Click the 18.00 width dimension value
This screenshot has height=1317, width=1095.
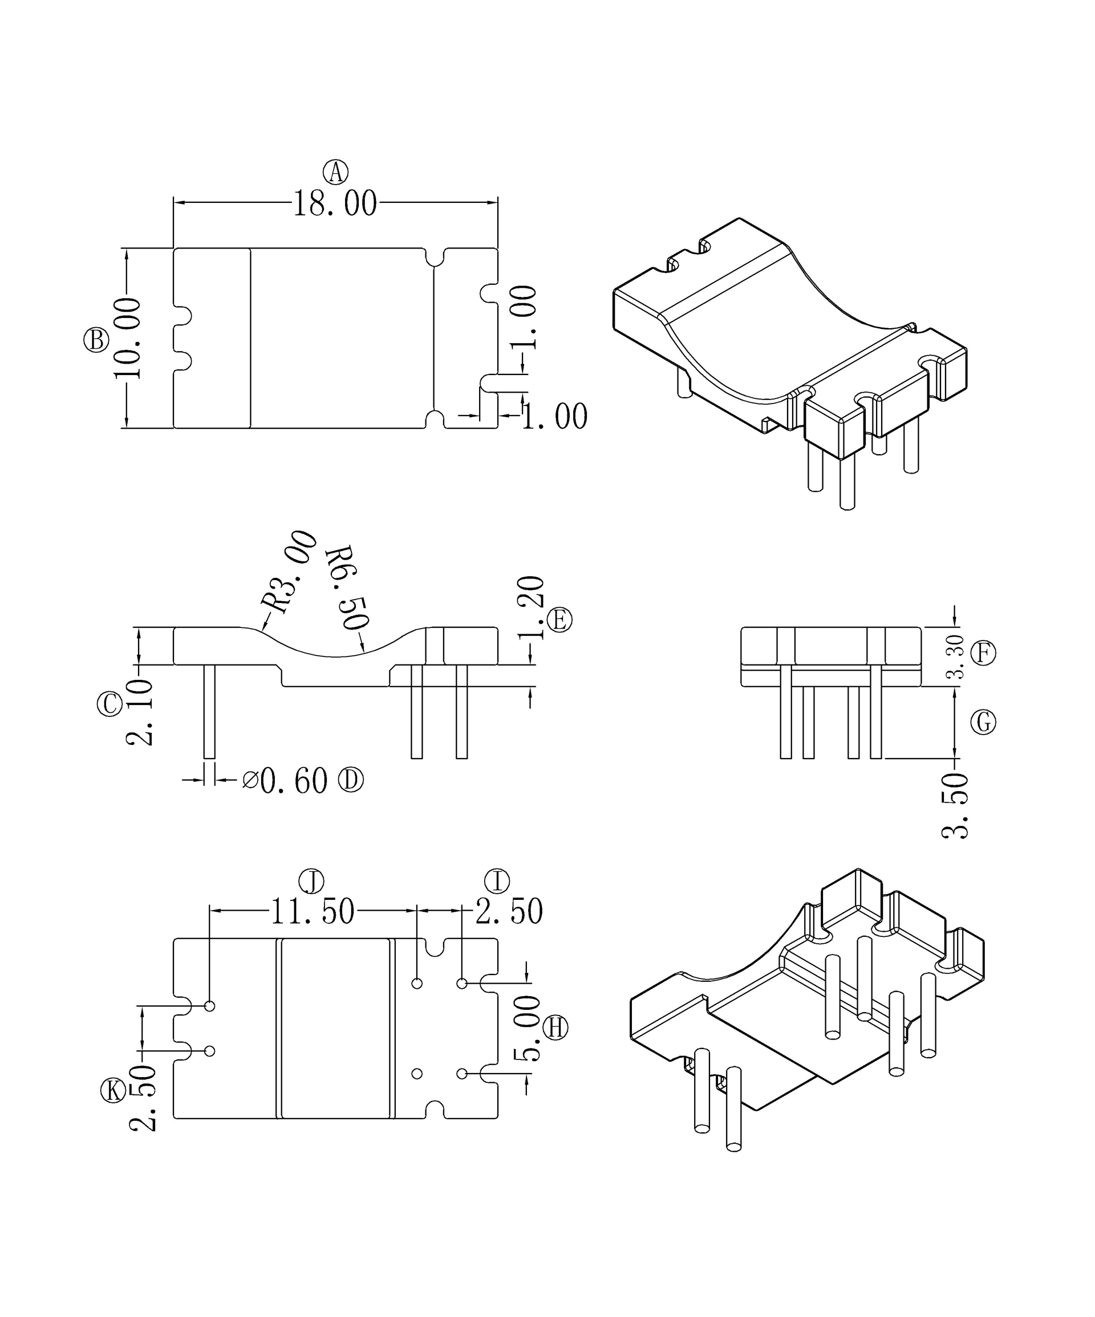point(335,204)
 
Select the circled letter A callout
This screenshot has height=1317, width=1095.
point(336,172)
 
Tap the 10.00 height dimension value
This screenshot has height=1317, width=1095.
point(128,339)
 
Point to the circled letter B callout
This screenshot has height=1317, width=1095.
point(96,341)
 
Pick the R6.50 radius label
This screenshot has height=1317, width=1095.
point(346,587)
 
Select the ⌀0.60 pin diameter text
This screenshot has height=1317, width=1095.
point(285,781)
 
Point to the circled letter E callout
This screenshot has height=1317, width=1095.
point(559,620)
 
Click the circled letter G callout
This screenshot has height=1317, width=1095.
point(983,723)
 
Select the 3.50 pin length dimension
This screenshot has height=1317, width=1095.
point(955,806)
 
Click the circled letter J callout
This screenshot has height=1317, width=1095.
point(311,882)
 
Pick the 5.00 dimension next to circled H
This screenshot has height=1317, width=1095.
point(527,1029)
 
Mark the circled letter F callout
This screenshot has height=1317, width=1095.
point(983,654)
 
